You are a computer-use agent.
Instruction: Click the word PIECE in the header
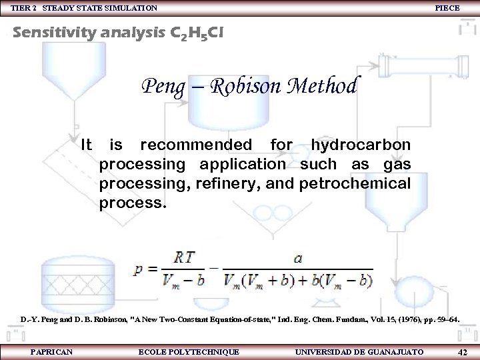pyautogui.click(x=447, y=8)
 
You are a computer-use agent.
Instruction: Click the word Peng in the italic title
pyautogui.click(x=158, y=87)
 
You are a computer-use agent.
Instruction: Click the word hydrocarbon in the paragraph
pyautogui.click(x=361, y=145)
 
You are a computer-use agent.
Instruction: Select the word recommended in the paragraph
pyautogui.click(x=196, y=145)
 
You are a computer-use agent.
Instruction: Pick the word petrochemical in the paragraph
pyautogui.click(x=356, y=183)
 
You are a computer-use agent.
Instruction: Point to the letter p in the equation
pyautogui.click(x=138, y=270)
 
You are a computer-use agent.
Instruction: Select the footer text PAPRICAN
pyautogui.click(x=51, y=351)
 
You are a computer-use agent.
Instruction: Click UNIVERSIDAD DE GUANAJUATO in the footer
pyautogui.click(x=358, y=351)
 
